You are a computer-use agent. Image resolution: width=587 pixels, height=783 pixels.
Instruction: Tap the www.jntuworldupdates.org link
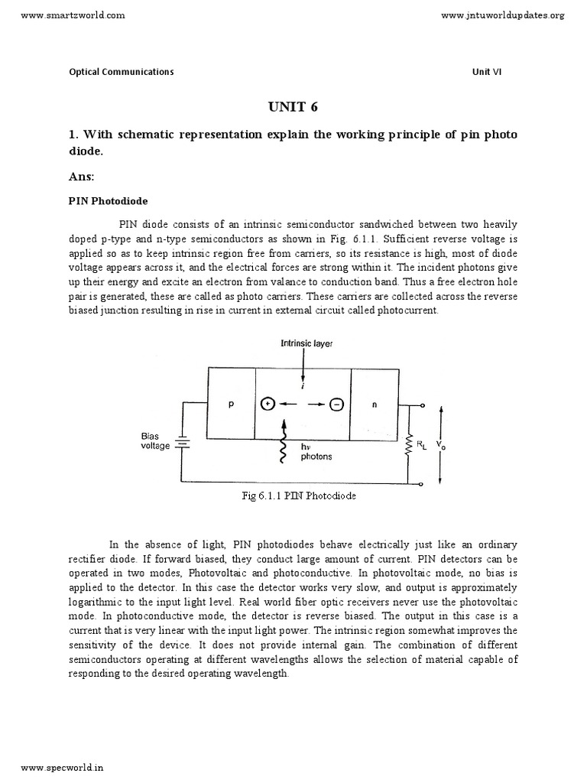pos(504,15)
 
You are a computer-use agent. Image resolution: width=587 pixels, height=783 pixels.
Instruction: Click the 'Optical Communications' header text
pos(122,72)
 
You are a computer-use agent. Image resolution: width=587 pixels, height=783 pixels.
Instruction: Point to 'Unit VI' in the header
pos(487,72)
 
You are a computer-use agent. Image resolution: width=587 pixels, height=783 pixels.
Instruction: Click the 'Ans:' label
pos(81,177)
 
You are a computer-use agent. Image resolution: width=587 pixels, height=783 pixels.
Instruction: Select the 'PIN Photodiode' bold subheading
pos(109,201)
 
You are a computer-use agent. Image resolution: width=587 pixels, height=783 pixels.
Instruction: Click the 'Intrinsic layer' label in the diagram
pos(306,344)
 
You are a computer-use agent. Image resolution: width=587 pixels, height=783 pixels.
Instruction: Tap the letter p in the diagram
pos(231,406)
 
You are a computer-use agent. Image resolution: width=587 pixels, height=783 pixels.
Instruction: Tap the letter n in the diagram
pos(375,406)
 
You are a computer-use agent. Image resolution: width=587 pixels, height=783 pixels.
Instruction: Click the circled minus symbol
pos(336,405)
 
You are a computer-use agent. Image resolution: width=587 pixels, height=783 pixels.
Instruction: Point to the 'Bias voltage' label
pos(155,440)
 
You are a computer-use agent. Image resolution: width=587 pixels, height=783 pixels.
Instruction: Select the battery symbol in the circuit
pos(182,443)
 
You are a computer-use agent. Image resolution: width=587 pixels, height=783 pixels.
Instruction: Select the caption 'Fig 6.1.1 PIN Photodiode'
pos(298,495)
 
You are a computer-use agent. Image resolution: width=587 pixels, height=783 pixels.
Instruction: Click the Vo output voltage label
pos(439,443)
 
